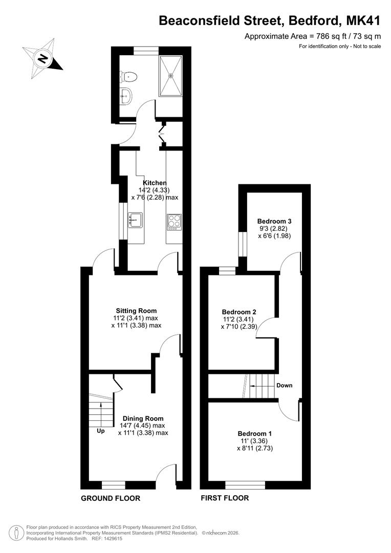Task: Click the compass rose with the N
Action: tap(43, 59)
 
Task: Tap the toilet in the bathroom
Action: tap(128, 76)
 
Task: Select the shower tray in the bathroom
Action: tap(170, 75)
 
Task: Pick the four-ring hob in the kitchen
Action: tap(174, 222)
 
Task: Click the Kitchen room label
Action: tap(155, 183)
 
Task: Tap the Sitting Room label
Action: tap(136, 311)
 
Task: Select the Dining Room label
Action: tap(143, 418)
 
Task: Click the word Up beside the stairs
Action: tap(100, 431)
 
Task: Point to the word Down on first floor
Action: tap(284, 385)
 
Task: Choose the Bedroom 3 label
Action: tap(274, 221)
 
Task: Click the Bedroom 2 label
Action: tap(238, 312)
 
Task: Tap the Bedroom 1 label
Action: tap(254, 434)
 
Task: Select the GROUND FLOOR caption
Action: tap(111, 498)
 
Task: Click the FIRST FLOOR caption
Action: tap(225, 498)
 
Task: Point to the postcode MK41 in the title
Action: tap(363, 21)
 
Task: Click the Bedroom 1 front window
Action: tap(245, 485)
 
